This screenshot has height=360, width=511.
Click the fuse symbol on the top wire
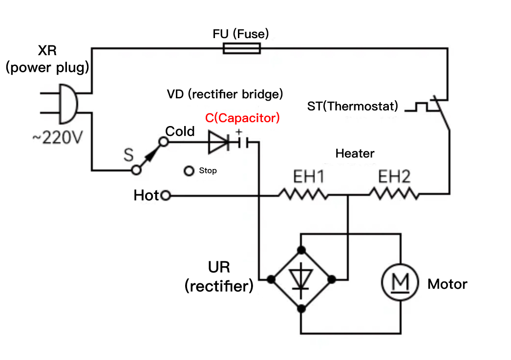point(241,48)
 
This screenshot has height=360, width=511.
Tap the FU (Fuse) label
point(241,34)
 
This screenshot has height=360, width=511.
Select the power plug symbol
point(66,103)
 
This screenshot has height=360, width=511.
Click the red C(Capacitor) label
point(242,118)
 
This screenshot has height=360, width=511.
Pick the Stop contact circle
point(189,171)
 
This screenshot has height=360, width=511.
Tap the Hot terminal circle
point(166,196)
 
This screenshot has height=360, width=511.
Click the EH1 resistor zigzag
point(303,195)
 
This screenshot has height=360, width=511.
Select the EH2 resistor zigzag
point(394,195)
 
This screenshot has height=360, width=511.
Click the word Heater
point(355,153)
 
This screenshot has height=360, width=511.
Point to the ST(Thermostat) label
point(353,106)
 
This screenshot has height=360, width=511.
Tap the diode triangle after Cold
point(218,142)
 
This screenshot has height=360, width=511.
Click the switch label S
point(128,155)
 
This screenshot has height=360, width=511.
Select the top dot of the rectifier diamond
point(301,250)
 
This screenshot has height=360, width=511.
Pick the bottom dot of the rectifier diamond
point(301,308)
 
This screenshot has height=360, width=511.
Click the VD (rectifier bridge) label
point(225,94)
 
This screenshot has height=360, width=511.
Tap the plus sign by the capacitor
point(239,132)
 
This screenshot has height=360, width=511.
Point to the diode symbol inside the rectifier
point(301,279)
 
